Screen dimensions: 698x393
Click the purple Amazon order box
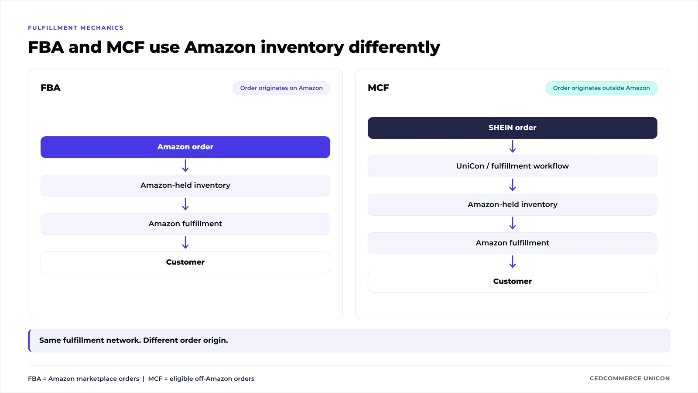click(x=185, y=147)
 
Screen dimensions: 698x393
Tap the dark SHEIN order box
click(x=512, y=128)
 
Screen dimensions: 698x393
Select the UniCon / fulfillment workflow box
click(x=512, y=166)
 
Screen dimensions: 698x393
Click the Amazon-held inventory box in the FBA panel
click(x=185, y=186)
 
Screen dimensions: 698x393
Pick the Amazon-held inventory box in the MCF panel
click(x=512, y=205)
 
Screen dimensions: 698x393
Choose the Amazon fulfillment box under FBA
click(x=185, y=224)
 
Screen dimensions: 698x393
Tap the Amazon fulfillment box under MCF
click(x=512, y=243)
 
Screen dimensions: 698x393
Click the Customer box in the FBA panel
click(x=185, y=262)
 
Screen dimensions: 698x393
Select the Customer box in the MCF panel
click(x=512, y=282)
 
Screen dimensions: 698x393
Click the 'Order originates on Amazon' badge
click(x=281, y=88)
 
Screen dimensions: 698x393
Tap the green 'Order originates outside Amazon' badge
click(x=602, y=88)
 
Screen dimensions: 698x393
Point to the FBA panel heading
click(x=51, y=88)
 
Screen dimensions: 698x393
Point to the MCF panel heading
click(x=378, y=88)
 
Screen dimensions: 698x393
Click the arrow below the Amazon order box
click(x=185, y=165)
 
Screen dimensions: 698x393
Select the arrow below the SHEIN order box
click(x=513, y=146)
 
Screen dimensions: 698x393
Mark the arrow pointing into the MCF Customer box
click(x=513, y=262)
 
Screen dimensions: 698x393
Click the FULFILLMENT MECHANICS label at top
click(x=76, y=28)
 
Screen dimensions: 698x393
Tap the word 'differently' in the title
click(x=394, y=48)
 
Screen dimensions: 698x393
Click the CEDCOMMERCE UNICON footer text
click(x=630, y=378)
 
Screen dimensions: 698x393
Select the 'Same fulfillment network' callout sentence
click(x=133, y=340)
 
